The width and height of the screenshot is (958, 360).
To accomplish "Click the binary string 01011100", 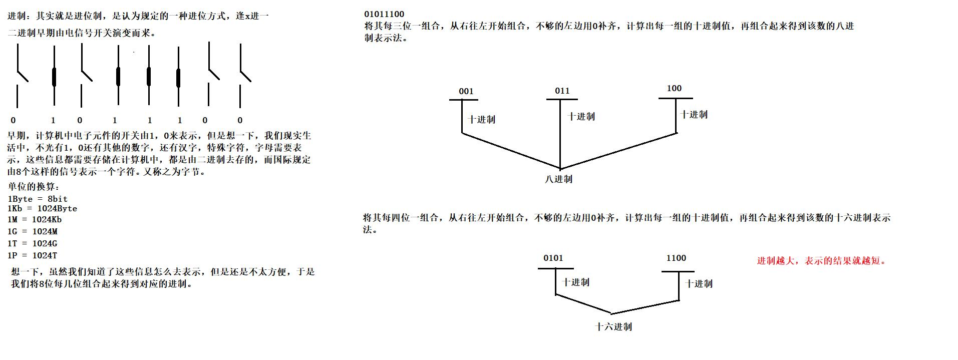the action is point(384,14).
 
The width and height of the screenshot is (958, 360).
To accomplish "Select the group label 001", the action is point(466,91).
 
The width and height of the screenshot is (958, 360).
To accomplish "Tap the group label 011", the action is point(562,91).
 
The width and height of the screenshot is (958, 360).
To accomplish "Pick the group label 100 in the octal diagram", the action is point(674,88).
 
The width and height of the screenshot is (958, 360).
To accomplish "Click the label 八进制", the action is point(558,179).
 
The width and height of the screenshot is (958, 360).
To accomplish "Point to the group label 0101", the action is point(553,258).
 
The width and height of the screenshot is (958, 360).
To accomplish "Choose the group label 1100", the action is point(676,258).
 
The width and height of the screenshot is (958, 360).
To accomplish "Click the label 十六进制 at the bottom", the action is point(613,326).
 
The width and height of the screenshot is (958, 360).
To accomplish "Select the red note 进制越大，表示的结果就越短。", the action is point(821,260).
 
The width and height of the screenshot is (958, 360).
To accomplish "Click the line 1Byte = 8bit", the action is point(38,199).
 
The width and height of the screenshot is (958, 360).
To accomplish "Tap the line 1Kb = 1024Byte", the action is point(43,208).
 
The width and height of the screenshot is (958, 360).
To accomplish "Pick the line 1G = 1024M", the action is point(33,231).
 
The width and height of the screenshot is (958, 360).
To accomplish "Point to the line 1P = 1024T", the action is point(33,255).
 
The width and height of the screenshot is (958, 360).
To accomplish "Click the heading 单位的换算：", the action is point(34,186).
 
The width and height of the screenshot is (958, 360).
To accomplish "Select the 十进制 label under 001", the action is point(481,119).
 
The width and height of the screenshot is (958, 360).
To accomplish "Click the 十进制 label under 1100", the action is point(699,283).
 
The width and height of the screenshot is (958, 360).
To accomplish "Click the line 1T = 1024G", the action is point(33,243).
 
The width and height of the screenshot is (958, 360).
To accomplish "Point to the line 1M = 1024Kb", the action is point(35,219).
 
